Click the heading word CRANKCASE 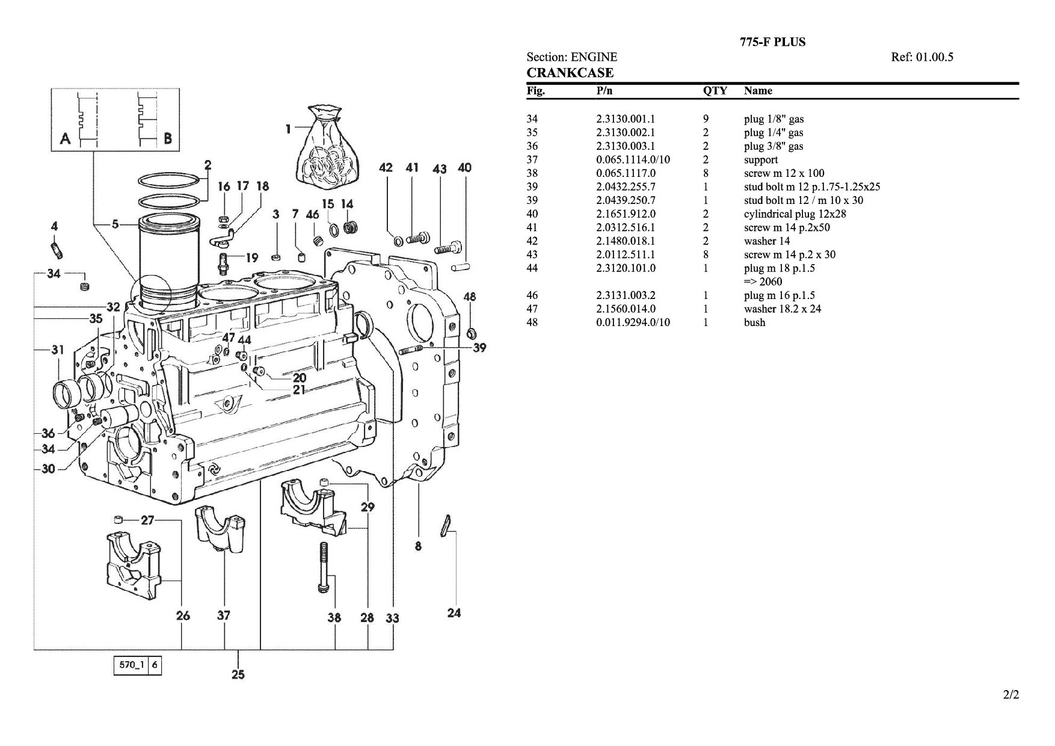[x=570, y=73]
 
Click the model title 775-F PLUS [x=772, y=42]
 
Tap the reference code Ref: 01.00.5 [x=922, y=57]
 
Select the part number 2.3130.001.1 [x=626, y=119]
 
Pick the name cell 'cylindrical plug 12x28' [x=795, y=214]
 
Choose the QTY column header [x=715, y=91]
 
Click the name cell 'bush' [x=755, y=322]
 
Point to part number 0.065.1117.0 [x=626, y=173]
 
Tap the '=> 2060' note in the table [x=763, y=282]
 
